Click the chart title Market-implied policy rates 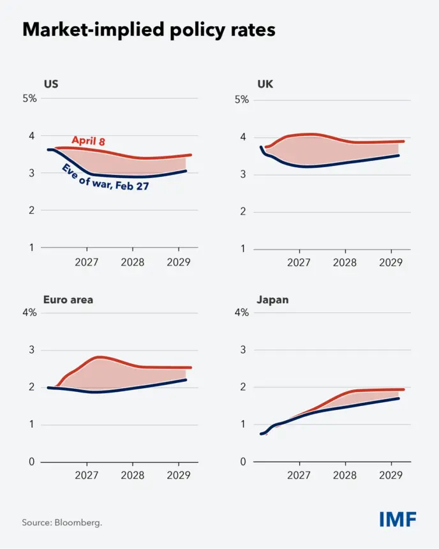pos(149,30)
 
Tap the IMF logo pos(398,519)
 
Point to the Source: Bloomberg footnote pos(62,523)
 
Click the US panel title pos(51,84)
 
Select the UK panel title pos(265,84)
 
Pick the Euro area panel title pos(68,299)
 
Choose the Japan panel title pos(272,300)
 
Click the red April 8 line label pos(88,140)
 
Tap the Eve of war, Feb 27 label pos(105,178)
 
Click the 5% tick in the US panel pos(30,98)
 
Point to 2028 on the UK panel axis pos(345,262)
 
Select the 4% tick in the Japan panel pos(242,312)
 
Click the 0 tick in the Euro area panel pos(32,462)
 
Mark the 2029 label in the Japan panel pos(391,475)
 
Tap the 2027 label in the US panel pos(87,262)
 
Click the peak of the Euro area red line pos(100,357)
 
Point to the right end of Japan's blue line pos(398,398)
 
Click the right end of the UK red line pos(403,142)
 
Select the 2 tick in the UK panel pos(243,211)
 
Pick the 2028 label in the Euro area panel pos(133,475)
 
